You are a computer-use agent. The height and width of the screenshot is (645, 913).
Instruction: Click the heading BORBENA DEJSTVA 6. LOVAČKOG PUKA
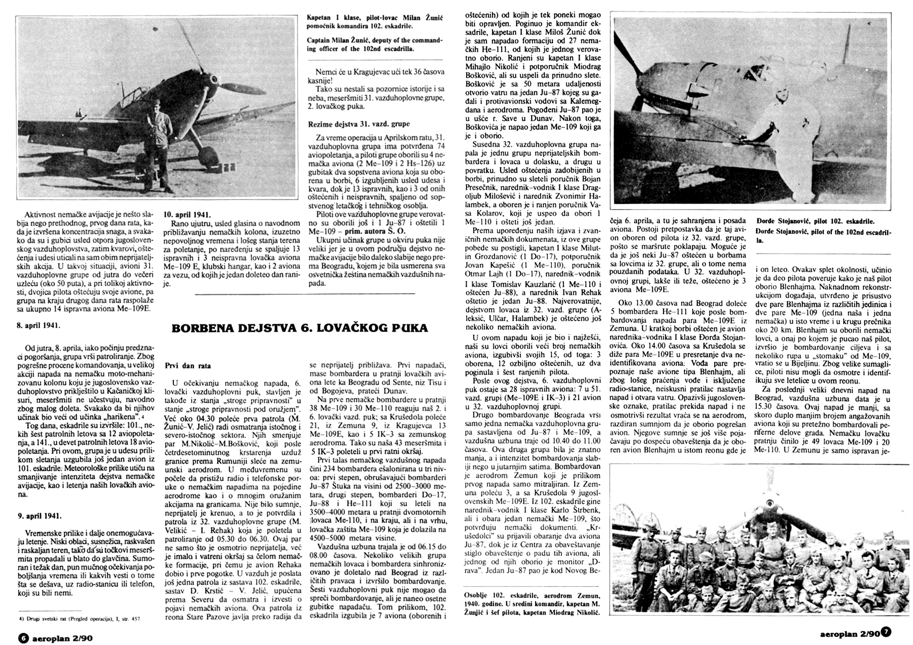[x=300, y=328]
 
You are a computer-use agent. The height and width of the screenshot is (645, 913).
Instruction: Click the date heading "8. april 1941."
[x=38, y=325]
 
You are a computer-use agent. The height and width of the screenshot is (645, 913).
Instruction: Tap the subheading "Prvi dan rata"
[x=187, y=365]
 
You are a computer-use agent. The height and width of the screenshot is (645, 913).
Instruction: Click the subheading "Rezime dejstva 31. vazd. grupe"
[x=359, y=123]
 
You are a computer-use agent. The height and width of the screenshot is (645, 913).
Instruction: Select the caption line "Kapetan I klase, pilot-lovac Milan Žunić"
[x=375, y=18]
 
